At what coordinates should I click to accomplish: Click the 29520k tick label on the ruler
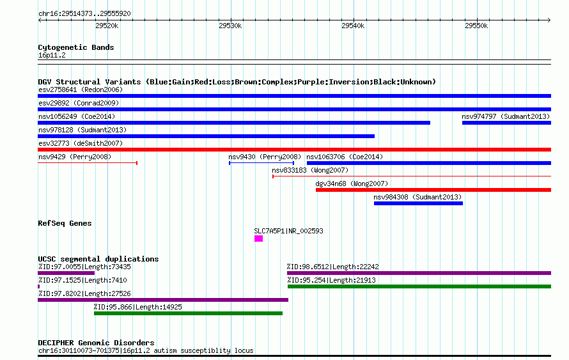coord(107,26)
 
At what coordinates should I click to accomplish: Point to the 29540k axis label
coord(353,26)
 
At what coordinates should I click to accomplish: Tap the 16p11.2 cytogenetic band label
coord(52,55)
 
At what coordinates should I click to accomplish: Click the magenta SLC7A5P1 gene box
coord(258,239)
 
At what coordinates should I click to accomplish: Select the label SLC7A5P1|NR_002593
coord(288,231)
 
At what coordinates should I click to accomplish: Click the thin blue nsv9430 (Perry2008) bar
coord(261,163)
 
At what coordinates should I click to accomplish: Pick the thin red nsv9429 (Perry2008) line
coord(88,163)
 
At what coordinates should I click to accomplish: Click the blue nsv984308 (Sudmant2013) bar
coord(418,203)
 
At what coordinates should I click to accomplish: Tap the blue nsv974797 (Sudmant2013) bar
coord(506,123)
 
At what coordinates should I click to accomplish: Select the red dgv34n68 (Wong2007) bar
coord(433,190)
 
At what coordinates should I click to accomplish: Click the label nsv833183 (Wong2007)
coord(310,170)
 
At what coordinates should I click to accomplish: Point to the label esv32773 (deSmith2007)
coord(81,143)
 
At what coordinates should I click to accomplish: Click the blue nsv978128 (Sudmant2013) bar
coord(206,136)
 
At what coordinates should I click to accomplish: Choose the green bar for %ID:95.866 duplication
coord(189,313)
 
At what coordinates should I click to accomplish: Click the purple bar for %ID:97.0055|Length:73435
coord(66,273)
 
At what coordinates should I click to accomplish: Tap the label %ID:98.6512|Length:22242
coord(333,267)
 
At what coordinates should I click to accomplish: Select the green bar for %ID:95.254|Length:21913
coord(419,286)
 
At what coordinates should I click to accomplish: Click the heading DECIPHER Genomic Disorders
coord(96,343)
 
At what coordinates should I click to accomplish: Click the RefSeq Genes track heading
coord(65,223)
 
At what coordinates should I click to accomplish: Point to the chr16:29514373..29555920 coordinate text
coord(84,13)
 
